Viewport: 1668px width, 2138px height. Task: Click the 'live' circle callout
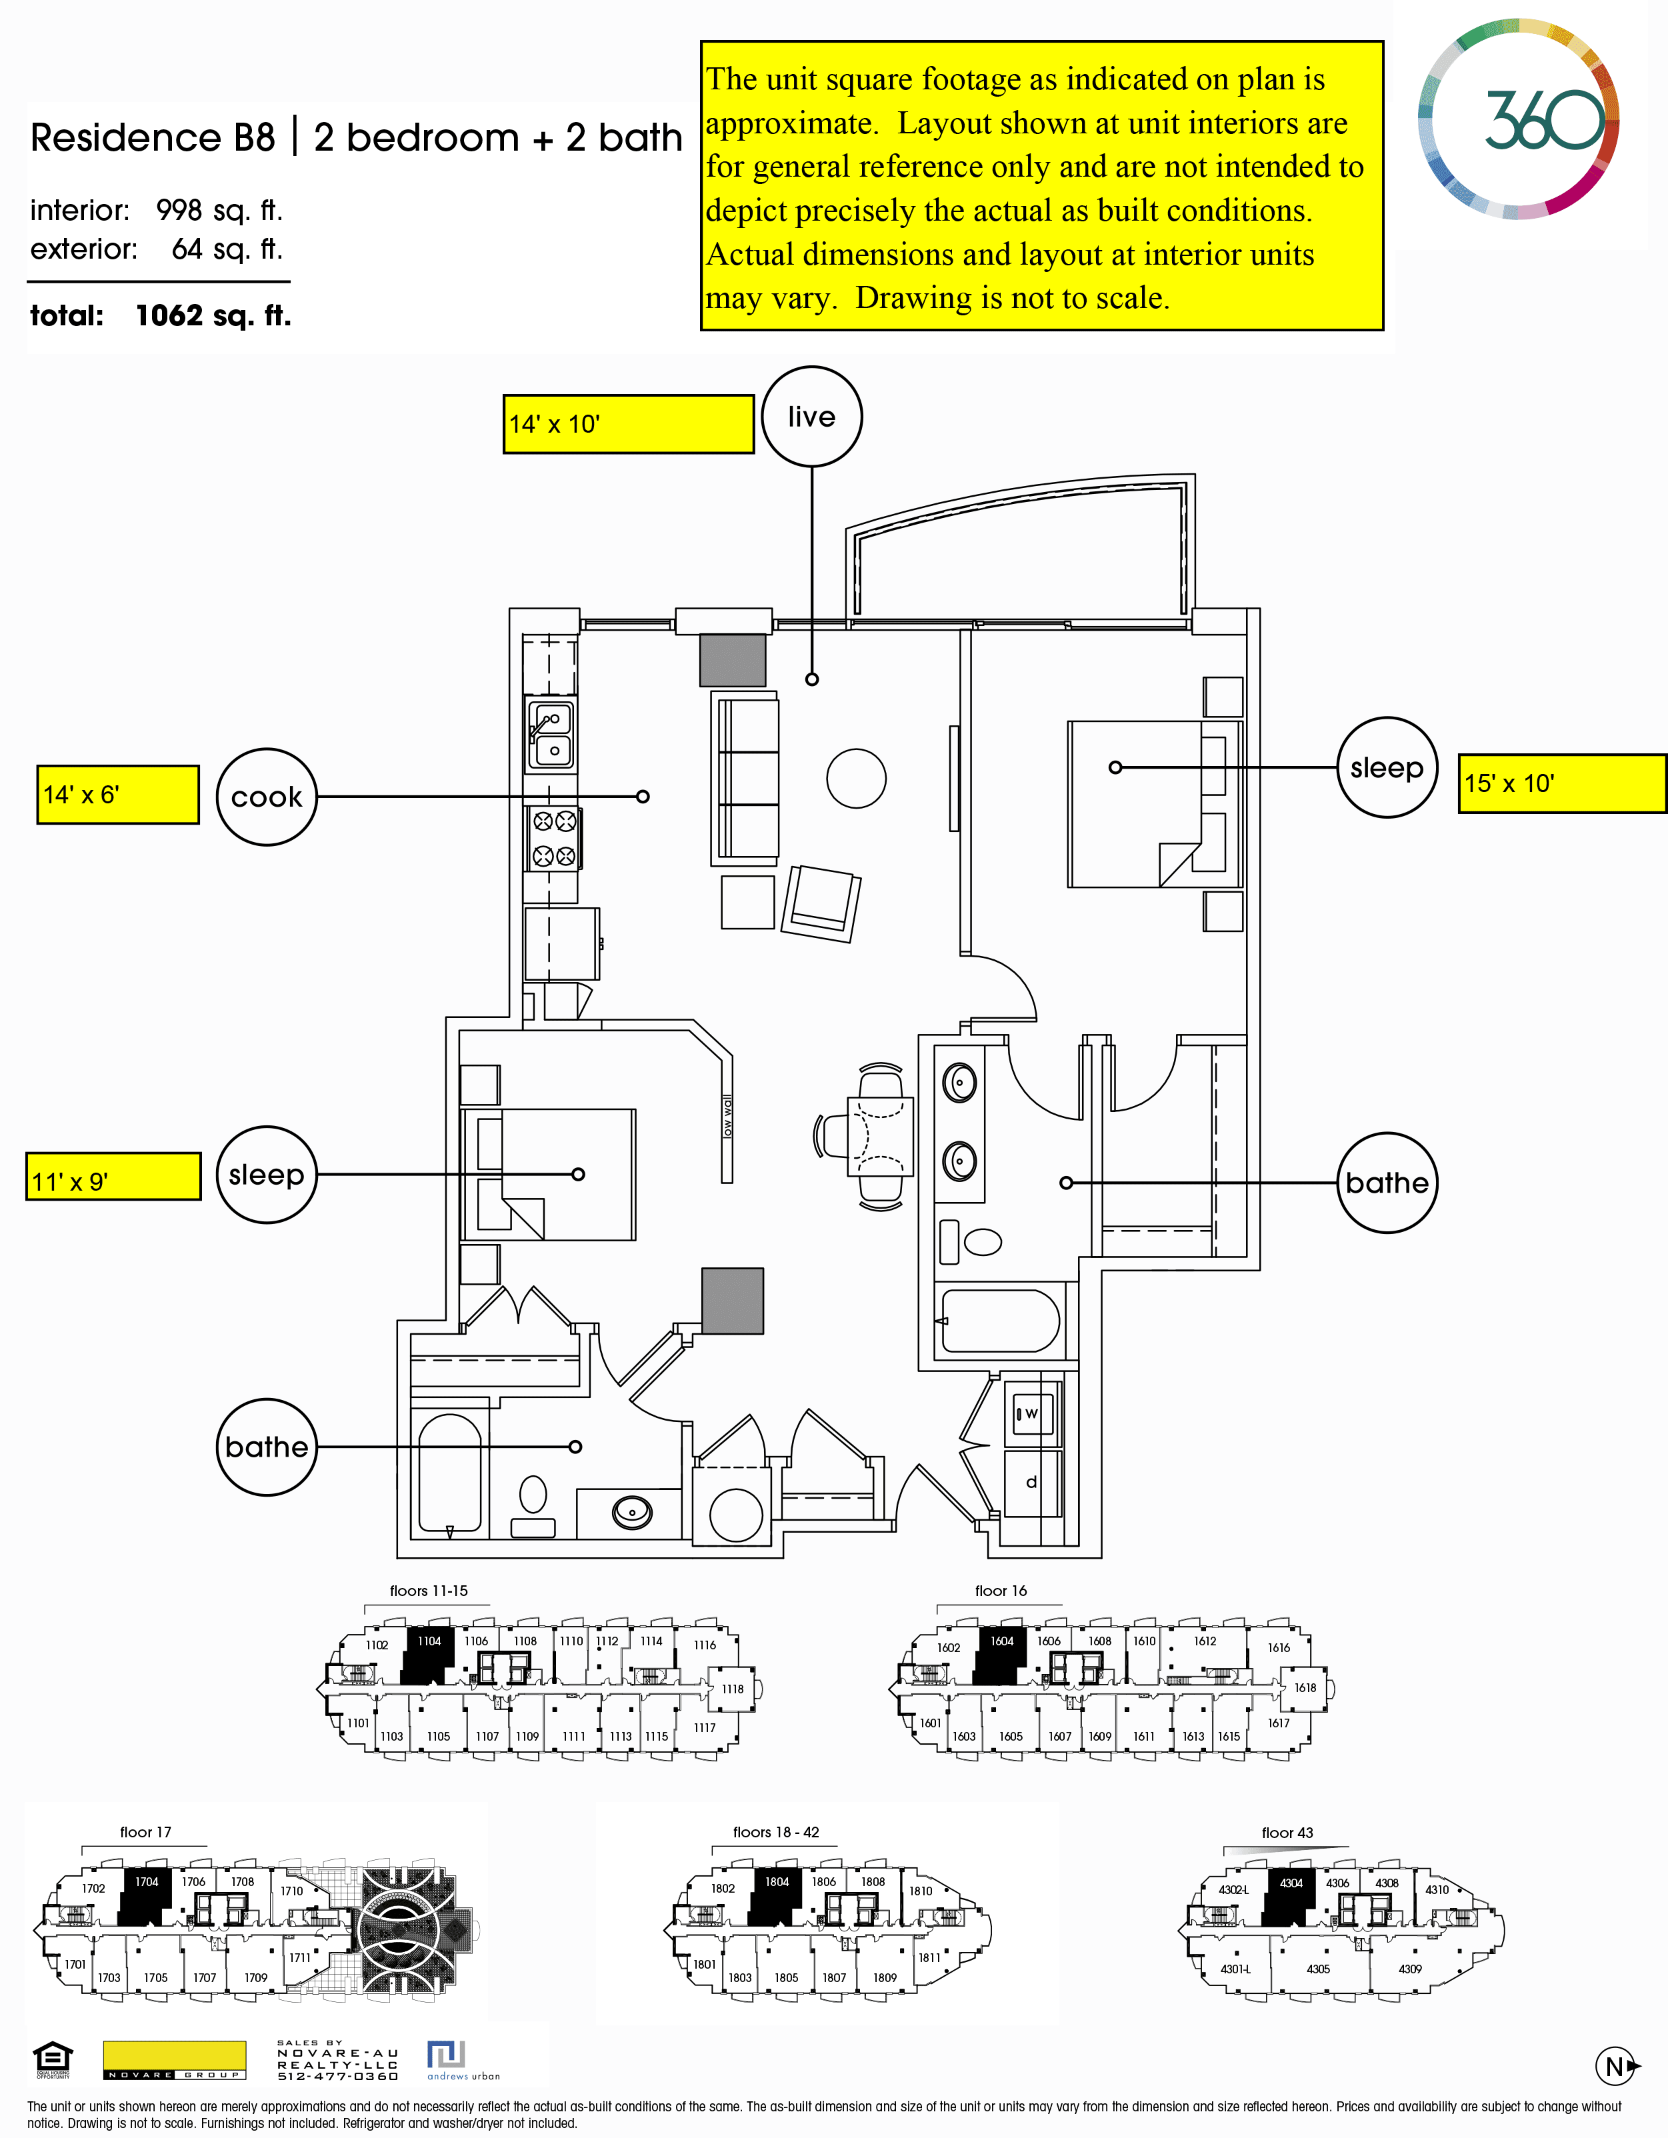point(811,417)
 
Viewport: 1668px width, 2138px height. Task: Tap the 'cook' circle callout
point(266,797)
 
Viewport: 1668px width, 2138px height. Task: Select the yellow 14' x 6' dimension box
point(117,795)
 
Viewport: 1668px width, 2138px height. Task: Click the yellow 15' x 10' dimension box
point(1561,783)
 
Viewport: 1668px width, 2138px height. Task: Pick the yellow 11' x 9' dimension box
point(113,1177)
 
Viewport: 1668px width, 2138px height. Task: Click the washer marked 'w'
point(1031,1413)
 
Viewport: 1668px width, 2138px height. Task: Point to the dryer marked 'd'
point(1031,1482)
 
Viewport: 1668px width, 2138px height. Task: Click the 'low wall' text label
point(726,1117)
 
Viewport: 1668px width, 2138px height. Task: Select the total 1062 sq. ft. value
point(213,315)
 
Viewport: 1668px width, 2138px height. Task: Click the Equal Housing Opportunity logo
point(52,2060)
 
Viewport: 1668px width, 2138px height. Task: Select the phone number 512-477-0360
point(338,2076)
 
